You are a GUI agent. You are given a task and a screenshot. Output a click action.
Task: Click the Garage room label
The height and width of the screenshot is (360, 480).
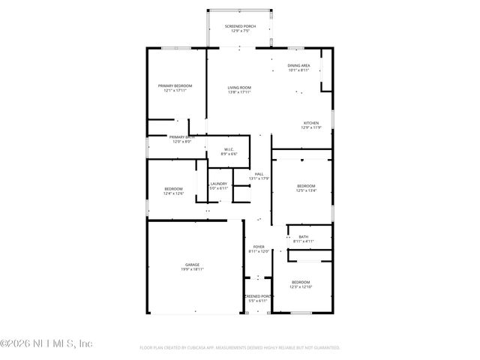tap(193, 264)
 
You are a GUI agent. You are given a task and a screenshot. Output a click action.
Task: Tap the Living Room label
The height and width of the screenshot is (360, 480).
tap(240, 88)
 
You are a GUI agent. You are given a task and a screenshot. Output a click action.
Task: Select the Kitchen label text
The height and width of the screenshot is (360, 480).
tap(311, 123)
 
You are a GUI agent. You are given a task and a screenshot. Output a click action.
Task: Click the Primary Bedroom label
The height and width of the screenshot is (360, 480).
tap(175, 86)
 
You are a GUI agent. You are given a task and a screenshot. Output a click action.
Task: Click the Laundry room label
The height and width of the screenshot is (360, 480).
tap(218, 183)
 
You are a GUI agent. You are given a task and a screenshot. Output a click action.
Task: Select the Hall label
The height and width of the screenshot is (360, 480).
tap(259, 174)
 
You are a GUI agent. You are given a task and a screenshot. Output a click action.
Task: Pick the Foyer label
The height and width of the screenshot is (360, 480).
tap(258, 247)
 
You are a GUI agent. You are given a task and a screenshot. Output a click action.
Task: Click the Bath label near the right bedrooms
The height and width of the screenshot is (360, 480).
tap(304, 237)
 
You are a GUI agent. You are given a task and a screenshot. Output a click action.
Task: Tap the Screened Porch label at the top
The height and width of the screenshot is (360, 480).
tap(240, 26)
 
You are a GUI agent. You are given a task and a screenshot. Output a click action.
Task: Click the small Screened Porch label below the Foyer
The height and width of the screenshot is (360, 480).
tap(258, 296)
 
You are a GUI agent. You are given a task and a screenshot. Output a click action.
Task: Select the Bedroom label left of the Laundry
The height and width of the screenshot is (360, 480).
tap(173, 189)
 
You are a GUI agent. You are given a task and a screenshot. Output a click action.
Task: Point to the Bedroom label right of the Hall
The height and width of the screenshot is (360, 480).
tap(306, 186)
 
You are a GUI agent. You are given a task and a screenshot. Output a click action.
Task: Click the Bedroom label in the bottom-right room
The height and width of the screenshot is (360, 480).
tap(300, 282)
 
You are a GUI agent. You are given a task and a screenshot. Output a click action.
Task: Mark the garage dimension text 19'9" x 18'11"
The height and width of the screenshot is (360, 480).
tap(193, 268)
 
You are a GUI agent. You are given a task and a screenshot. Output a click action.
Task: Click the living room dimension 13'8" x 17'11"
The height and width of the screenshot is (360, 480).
tap(240, 92)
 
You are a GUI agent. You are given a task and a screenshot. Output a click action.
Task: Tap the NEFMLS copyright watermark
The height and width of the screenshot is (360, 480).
tap(46, 343)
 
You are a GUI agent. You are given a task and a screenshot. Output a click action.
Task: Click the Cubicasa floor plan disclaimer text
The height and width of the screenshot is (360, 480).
tap(240, 348)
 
